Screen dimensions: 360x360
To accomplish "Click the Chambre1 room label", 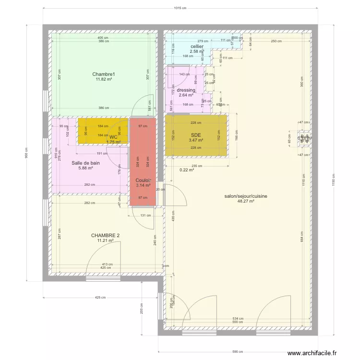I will [x=104, y=74].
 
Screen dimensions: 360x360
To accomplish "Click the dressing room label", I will [x=186, y=90].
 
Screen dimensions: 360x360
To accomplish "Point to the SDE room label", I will [x=195, y=135].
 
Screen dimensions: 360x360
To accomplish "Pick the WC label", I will [x=113, y=137].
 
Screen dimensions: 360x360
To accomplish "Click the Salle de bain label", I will [x=86, y=163].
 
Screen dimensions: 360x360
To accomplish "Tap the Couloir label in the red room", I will [x=143, y=180].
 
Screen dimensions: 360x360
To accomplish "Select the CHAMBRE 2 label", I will [x=105, y=235].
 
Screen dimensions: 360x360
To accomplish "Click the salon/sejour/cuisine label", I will [x=246, y=196].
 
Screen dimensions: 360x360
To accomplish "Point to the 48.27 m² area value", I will [x=246, y=202].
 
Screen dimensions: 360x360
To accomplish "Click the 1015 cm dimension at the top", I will [x=180, y=8].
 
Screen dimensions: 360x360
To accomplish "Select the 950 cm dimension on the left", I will [x=27, y=153].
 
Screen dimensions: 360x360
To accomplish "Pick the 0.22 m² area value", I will [x=187, y=169].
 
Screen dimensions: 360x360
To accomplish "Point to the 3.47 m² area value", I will [x=195, y=140].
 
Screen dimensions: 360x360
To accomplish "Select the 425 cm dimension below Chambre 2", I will [x=100, y=298].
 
